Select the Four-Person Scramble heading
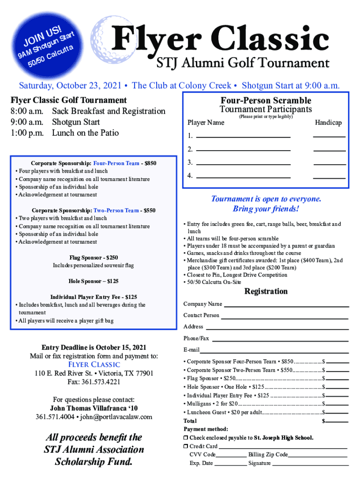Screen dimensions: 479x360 click(x=266, y=101)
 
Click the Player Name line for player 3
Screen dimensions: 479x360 click(x=243, y=165)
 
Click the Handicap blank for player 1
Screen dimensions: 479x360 click(x=329, y=136)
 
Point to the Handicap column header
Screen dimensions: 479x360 click(x=328, y=123)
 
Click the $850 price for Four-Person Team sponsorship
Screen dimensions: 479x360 click(x=151, y=163)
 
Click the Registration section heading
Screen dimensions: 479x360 click(x=266, y=291)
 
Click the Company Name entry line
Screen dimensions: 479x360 click(x=286, y=306)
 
